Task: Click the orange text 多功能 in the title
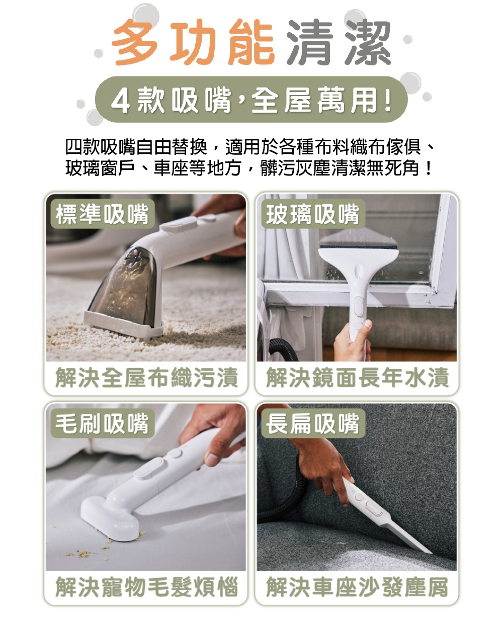click(193, 43)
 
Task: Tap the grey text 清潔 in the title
click(338, 43)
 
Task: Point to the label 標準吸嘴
click(102, 214)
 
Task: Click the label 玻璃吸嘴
click(312, 214)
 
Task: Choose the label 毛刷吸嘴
click(102, 423)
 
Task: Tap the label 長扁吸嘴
click(312, 423)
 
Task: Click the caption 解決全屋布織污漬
click(146, 378)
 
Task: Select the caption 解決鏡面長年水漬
click(357, 378)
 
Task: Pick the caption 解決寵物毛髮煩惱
click(146, 587)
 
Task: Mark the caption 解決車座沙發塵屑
click(357, 587)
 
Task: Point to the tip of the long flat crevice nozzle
click(428, 551)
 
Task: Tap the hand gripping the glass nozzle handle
click(352, 342)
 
